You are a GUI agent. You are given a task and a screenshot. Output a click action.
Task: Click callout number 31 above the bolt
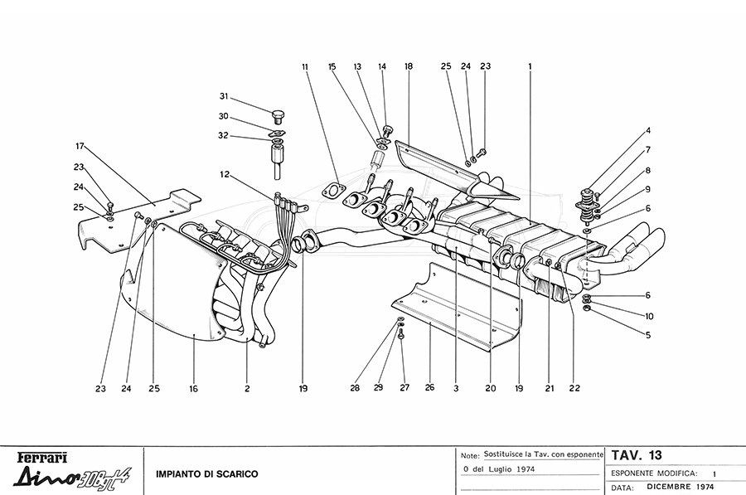coord(224,96)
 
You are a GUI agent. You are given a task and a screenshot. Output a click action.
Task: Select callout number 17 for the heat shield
coord(80,146)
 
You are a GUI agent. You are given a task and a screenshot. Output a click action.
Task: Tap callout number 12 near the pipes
coord(224,175)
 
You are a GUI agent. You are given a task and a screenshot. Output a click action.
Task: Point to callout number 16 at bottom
coord(193,389)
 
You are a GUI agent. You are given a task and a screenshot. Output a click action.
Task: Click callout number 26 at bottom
coord(429,387)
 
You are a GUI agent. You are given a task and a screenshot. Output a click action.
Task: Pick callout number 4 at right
coord(647,130)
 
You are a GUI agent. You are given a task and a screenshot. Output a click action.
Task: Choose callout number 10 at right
coord(649,316)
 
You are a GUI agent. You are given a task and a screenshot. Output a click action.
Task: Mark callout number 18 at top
coord(408,66)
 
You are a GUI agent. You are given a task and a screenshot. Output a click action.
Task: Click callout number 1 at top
coord(530,66)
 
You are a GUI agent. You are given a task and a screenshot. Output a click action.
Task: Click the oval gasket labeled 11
coord(333,191)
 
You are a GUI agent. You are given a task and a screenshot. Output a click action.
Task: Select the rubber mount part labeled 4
coord(586,207)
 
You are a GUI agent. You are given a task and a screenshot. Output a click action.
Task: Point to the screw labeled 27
coord(401,335)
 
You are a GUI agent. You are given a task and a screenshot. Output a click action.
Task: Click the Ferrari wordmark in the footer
coord(42,458)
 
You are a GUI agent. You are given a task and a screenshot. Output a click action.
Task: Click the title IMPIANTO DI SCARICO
coord(207,474)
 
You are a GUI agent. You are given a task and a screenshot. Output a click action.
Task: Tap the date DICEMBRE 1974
coord(681,487)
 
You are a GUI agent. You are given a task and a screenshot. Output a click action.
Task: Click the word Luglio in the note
coord(499,469)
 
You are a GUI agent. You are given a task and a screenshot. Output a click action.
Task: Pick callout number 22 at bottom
coord(574,388)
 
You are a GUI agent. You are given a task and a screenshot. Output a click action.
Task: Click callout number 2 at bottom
coord(247,389)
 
